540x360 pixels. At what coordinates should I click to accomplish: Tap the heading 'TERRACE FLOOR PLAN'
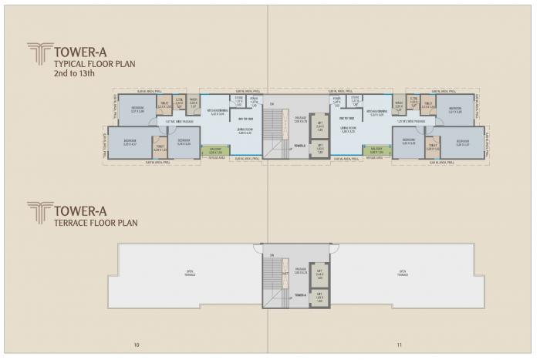(x=95, y=224)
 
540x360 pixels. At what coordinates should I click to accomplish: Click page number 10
(x=137, y=344)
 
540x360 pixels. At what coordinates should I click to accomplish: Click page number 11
(x=400, y=344)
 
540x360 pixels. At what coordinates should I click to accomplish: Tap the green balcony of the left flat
(x=215, y=152)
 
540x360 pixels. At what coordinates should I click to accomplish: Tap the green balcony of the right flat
(x=376, y=152)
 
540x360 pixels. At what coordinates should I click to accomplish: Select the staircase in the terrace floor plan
(x=275, y=277)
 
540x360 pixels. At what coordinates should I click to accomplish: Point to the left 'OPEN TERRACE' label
(x=190, y=272)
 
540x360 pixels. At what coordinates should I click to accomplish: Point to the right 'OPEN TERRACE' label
(x=402, y=272)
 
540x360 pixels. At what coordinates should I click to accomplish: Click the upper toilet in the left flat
(x=164, y=106)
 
